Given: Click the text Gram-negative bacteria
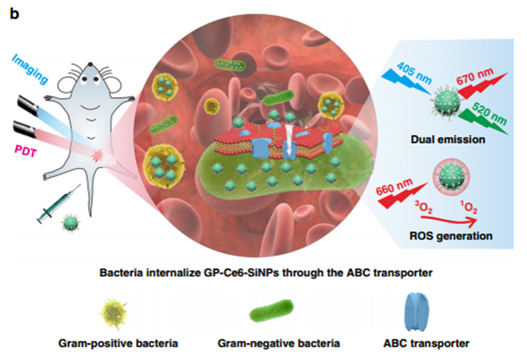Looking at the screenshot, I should pyautogui.click(x=279, y=343).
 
